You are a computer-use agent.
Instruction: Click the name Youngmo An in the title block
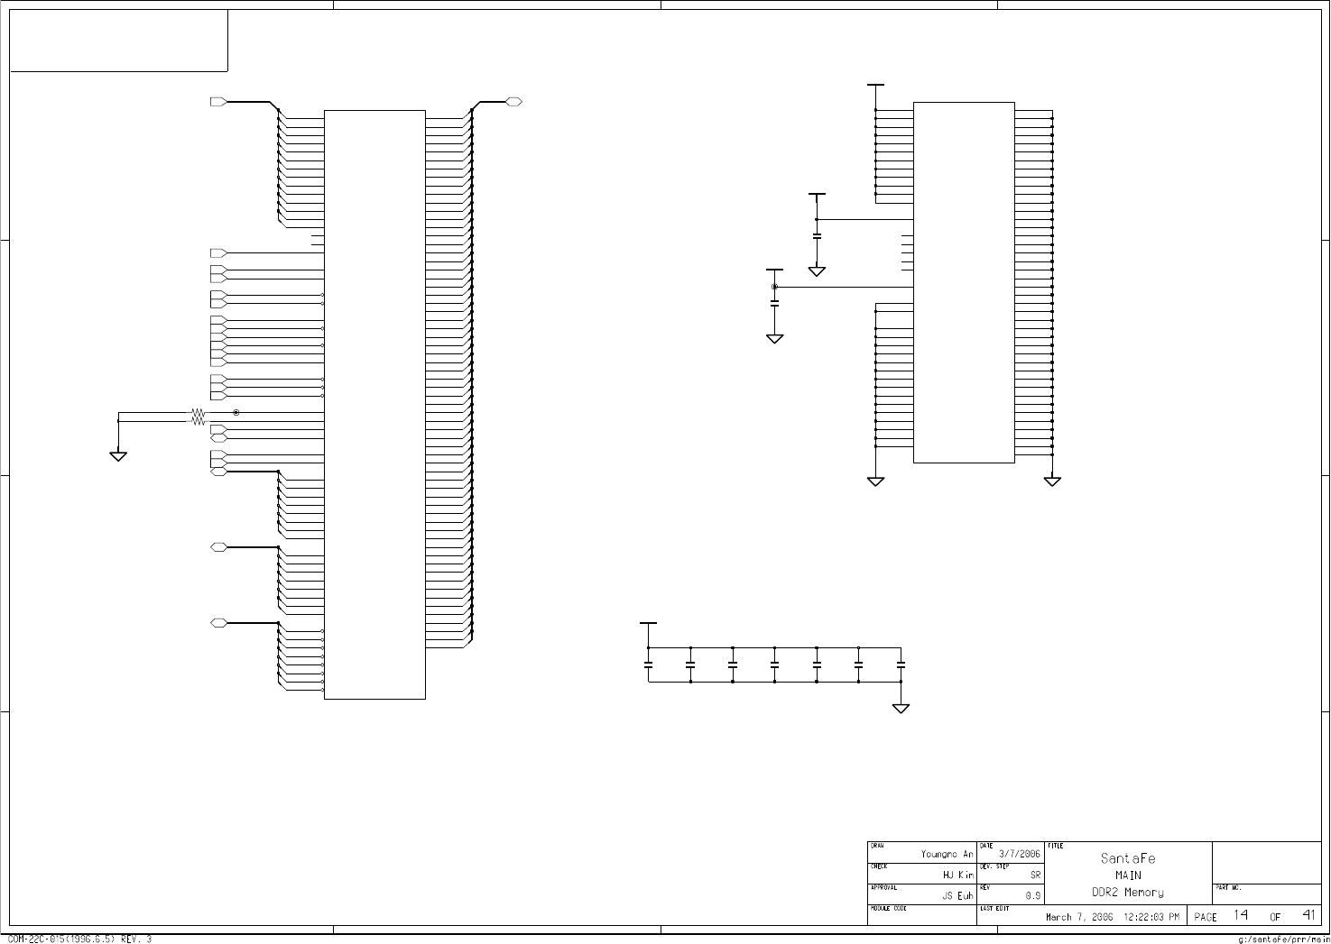(x=947, y=854)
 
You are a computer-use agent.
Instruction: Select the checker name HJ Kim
(x=957, y=875)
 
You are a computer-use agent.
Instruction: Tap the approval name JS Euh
(x=957, y=896)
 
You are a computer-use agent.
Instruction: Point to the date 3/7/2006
(x=1020, y=854)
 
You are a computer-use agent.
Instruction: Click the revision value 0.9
(x=1033, y=896)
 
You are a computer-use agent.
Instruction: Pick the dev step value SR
(x=1036, y=875)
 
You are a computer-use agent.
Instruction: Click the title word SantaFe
(x=1128, y=858)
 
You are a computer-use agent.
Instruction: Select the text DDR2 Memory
(x=1128, y=893)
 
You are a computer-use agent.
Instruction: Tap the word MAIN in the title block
(x=1128, y=875)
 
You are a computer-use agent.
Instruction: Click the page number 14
(x=1241, y=915)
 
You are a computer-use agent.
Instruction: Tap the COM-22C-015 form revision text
(x=79, y=939)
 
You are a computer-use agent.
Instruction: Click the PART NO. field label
(x=1228, y=888)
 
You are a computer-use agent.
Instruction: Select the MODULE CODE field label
(x=888, y=909)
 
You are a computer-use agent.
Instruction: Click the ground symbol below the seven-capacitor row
(x=901, y=708)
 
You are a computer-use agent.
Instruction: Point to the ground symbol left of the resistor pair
(x=118, y=455)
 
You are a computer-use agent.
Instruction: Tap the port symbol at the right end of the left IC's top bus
(x=513, y=102)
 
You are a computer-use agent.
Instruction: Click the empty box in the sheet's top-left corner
(x=118, y=41)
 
